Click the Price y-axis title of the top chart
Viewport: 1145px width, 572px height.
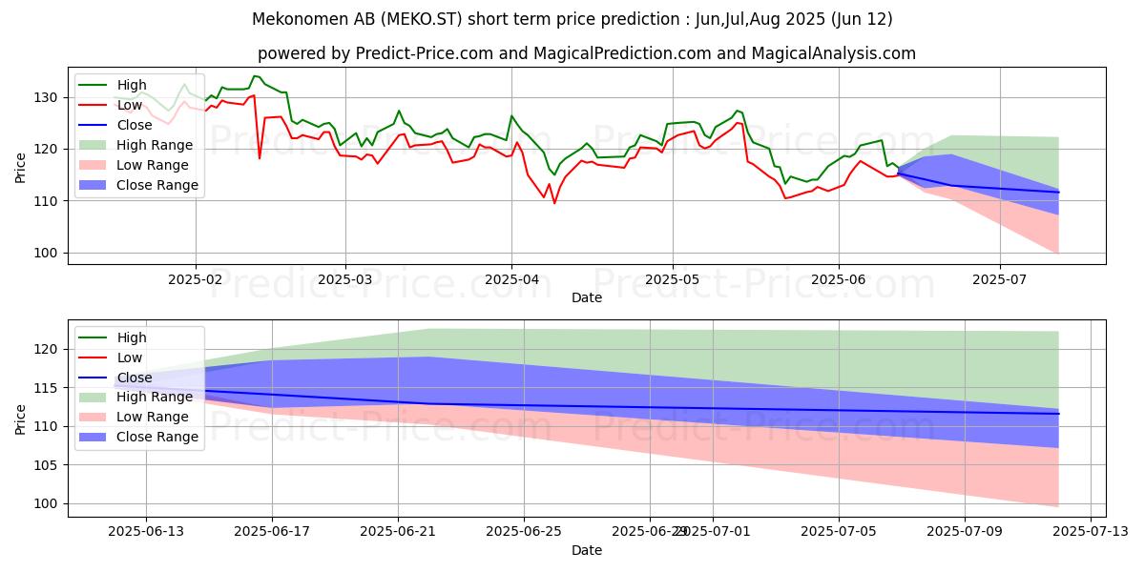[21, 167]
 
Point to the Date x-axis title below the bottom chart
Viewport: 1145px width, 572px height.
[586, 550]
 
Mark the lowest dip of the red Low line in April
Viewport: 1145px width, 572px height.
[554, 203]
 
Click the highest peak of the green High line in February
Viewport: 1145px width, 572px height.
[254, 76]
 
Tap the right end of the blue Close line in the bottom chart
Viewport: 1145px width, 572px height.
[1058, 414]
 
